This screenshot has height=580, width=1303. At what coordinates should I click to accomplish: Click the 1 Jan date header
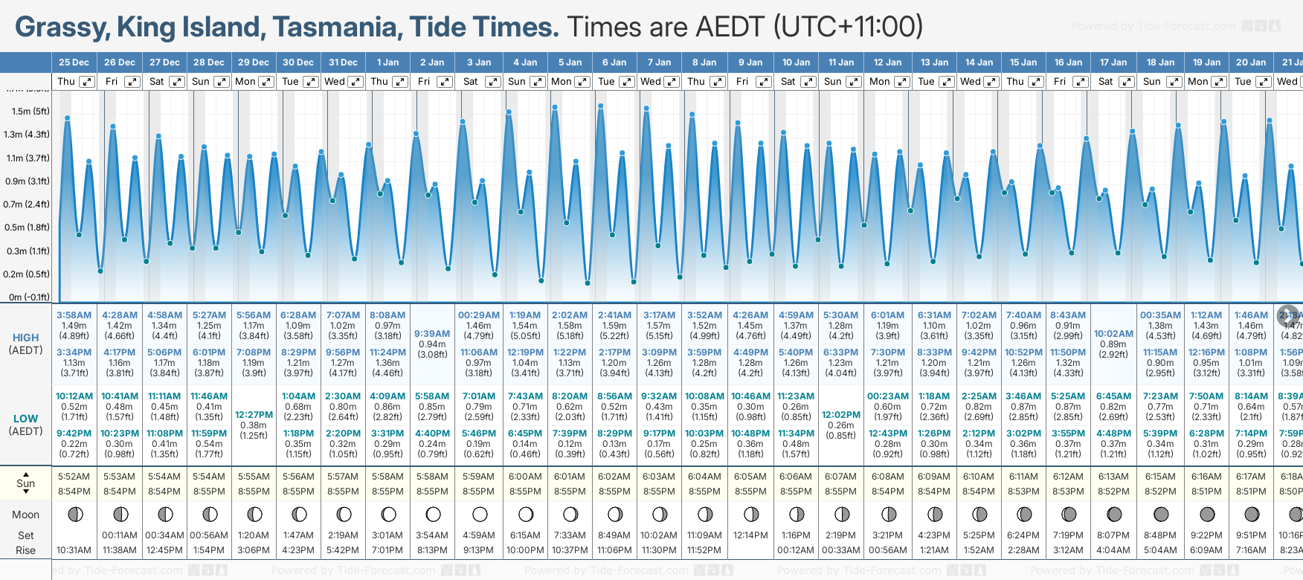tap(387, 62)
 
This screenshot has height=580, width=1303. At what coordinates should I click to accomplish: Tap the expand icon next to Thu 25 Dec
tap(87, 82)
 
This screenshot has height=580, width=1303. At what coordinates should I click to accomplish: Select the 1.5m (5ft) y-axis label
tap(30, 112)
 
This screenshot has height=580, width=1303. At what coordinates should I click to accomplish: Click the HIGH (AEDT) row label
tap(26, 344)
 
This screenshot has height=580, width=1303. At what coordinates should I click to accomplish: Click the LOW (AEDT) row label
tap(26, 425)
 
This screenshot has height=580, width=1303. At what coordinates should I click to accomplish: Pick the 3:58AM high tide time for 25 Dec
tap(74, 315)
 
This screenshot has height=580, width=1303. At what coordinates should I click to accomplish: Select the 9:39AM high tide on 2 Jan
tap(432, 334)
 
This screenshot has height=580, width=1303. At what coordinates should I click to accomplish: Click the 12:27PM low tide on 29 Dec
tap(254, 415)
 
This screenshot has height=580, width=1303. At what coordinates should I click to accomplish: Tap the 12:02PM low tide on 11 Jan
tap(841, 415)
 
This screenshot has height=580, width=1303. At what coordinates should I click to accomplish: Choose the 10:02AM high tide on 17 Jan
tap(1113, 334)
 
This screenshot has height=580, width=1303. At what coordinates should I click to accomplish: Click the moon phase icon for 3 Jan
tap(480, 514)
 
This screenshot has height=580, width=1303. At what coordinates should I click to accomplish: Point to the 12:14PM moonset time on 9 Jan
tap(750, 535)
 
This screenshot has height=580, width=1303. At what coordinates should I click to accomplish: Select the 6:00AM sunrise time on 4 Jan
tap(525, 477)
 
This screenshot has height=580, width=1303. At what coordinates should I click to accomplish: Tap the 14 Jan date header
tap(979, 62)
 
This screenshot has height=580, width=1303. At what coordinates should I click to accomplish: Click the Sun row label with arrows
tap(26, 483)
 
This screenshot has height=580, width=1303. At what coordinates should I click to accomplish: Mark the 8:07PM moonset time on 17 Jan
tap(1113, 535)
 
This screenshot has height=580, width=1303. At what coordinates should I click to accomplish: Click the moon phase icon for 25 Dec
tap(74, 514)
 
